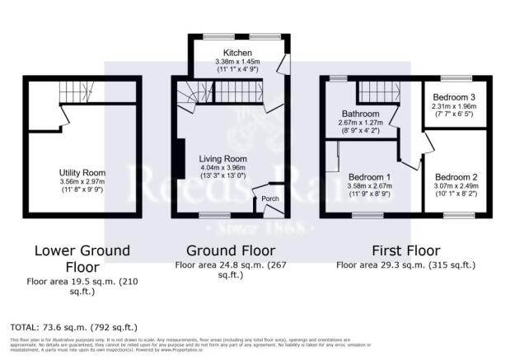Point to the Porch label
(x=269, y=199)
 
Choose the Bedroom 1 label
(x=369, y=177)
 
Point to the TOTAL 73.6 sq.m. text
(x=74, y=327)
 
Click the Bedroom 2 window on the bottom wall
(x=454, y=216)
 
